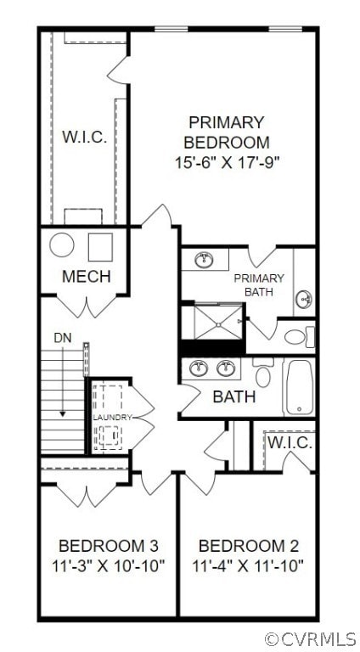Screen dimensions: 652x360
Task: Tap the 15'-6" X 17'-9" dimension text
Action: [x=227, y=160]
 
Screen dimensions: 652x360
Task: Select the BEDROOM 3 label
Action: [x=108, y=545]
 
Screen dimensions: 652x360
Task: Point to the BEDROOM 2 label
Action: [x=248, y=545]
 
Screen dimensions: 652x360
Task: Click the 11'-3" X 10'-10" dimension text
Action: [x=108, y=565]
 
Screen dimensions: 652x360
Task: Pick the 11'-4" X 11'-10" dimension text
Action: [x=248, y=565]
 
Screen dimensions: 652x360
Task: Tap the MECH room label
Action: [x=86, y=276]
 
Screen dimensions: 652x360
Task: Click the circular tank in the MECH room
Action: [x=62, y=246]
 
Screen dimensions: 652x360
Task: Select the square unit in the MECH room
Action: [x=100, y=246]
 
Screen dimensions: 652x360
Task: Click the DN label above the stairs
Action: [x=63, y=338]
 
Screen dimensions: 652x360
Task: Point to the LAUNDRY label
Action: [x=113, y=418]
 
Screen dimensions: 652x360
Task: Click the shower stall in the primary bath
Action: [x=212, y=321]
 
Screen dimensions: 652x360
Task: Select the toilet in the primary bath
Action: [x=297, y=336]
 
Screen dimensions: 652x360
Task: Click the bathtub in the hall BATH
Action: [x=298, y=387]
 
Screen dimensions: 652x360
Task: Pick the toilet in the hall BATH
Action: [x=262, y=374]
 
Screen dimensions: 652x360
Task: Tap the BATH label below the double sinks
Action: [x=233, y=396]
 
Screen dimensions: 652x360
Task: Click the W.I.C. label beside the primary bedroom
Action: [x=84, y=138]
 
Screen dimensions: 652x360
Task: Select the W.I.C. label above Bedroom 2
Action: [x=291, y=443]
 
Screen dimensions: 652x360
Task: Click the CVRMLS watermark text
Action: [x=311, y=638]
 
